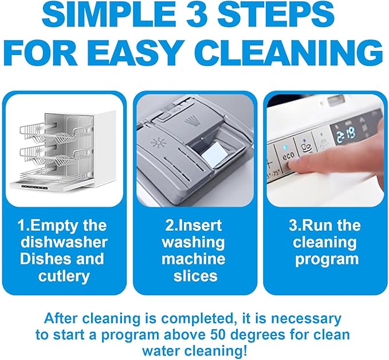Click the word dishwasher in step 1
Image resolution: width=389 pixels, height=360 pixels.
pos(64,242)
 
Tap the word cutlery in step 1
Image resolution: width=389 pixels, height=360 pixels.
pos(64,276)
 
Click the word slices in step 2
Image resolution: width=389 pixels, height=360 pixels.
pos(195,275)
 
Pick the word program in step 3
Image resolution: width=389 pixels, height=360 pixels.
pos(327,259)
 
